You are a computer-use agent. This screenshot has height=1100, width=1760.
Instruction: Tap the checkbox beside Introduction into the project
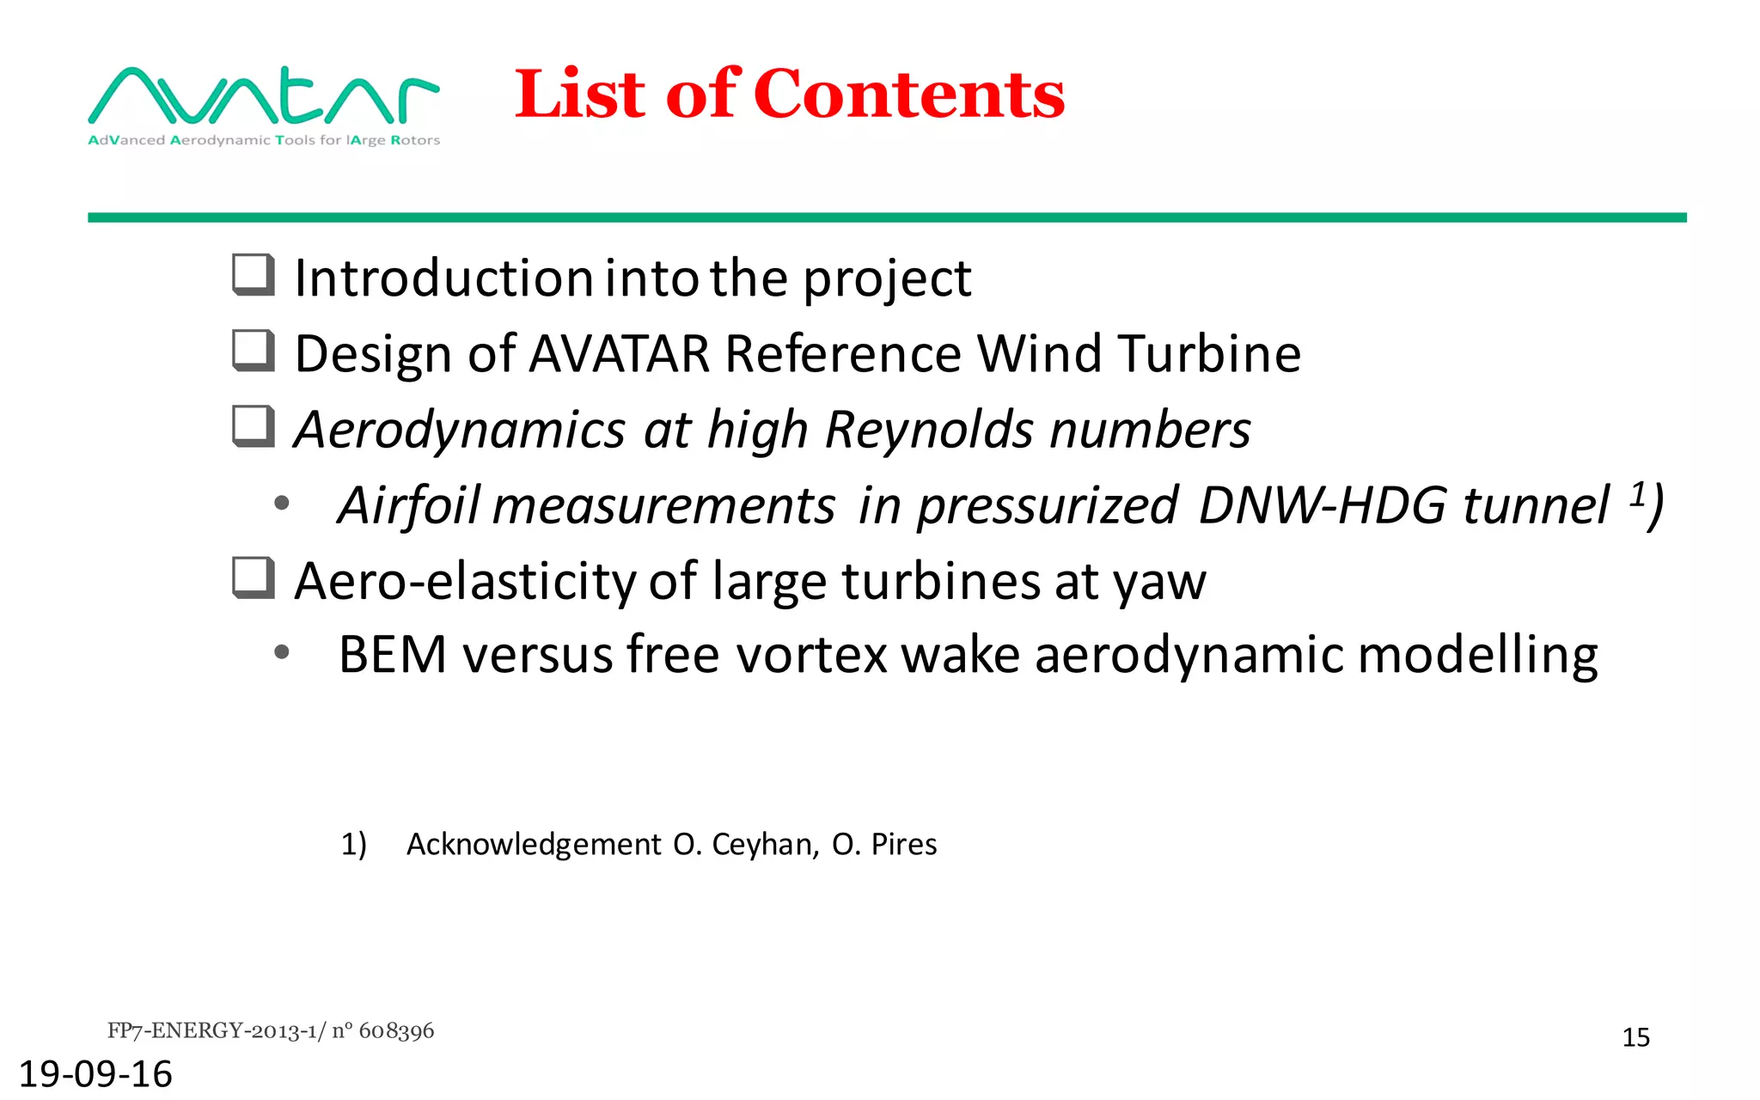pyautogui.click(x=254, y=275)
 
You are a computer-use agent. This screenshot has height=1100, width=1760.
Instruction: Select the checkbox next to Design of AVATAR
pyautogui.click(x=254, y=351)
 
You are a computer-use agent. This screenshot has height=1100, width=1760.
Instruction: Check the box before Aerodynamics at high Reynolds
pyautogui.click(x=254, y=426)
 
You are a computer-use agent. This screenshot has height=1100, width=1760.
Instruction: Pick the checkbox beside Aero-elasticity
pyautogui.click(x=254, y=577)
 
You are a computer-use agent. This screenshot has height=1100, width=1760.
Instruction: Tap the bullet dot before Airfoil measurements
pyautogui.click(x=281, y=504)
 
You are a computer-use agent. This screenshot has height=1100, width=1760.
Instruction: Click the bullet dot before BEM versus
pyautogui.click(x=281, y=654)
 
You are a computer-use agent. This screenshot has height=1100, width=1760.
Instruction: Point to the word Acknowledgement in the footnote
pyautogui.click(x=534, y=845)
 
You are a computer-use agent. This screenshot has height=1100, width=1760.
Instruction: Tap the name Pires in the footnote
pyautogui.click(x=903, y=845)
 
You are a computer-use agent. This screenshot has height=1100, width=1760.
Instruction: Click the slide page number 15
pyautogui.click(x=1635, y=1038)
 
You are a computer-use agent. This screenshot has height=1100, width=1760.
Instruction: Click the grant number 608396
pyautogui.click(x=396, y=1030)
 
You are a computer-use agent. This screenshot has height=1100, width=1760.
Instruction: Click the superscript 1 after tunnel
pyautogui.click(x=1638, y=494)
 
